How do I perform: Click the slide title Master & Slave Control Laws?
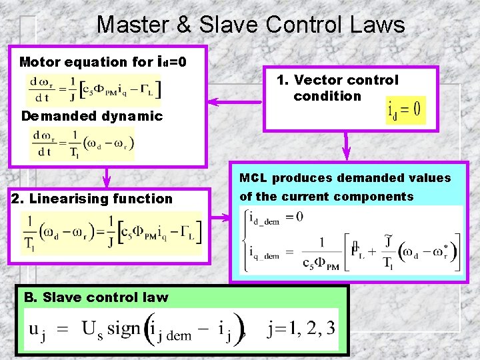pos(250,25)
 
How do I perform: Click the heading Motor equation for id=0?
pos(103,62)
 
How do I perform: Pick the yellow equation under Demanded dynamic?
pos(82,143)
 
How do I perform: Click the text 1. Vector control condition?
pos(337,88)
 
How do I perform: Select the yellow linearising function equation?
pos(111,233)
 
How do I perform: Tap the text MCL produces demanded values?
pos(345,178)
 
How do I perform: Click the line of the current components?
pos(326,197)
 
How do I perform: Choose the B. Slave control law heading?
pos(96,297)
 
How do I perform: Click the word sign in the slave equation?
pos(125,329)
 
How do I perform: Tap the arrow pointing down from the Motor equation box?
pos(105,176)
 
